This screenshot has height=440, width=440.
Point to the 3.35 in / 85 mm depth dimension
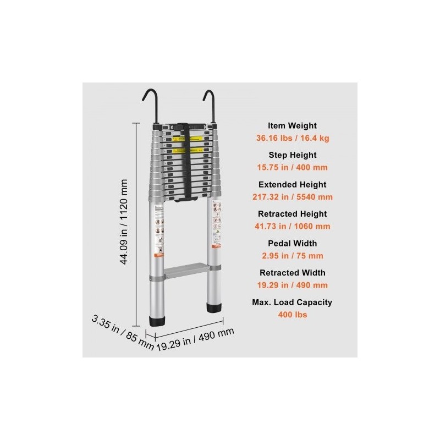tap(122, 332)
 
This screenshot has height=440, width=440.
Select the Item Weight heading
tap(292, 125)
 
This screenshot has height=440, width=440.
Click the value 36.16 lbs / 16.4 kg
tap(292, 138)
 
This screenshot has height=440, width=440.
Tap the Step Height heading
tap(292, 155)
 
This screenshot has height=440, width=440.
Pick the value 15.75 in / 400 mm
tap(292, 167)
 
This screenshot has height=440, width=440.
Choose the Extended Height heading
tap(292, 184)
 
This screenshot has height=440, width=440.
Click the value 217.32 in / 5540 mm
tap(292, 197)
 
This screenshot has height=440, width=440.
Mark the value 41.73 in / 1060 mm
tap(292, 226)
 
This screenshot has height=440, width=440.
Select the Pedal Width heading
tap(292, 243)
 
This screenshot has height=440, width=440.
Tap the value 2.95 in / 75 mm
tap(292, 255)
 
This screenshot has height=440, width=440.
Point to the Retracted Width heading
tap(292, 272)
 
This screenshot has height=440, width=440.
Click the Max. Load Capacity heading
tap(292, 302)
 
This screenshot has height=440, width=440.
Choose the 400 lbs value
tap(292, 315)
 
